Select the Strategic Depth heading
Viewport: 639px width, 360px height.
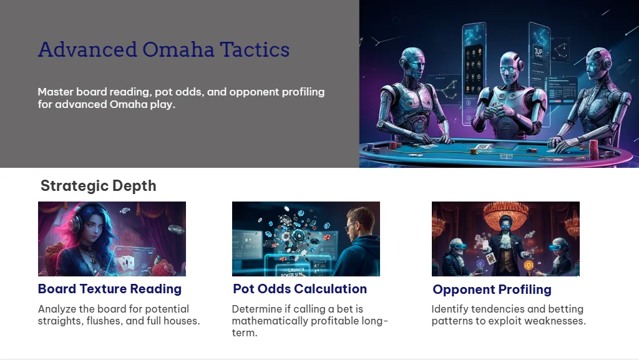(x=98, y=185)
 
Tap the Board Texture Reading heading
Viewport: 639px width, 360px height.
(x=110, y=289)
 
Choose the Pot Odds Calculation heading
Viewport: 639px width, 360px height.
(x=300, y=289)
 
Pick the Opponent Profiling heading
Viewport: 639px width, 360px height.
(x=492, y=289)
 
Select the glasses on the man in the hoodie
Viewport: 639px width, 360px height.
(x=350, y=228)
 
